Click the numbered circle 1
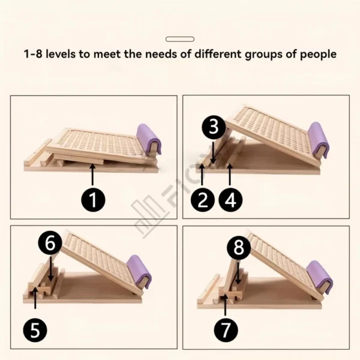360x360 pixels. (x=92, y=199)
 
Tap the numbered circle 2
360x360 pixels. (x=203, y=199)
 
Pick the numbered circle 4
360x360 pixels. (x=231, y=199)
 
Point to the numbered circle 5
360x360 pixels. (x=35, y=329)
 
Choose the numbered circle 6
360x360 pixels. (x=50, y=243)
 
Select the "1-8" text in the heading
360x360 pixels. (x=32, y=54)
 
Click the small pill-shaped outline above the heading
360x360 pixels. (x=179, y=39)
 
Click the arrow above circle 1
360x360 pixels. (x=92, y=175)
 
